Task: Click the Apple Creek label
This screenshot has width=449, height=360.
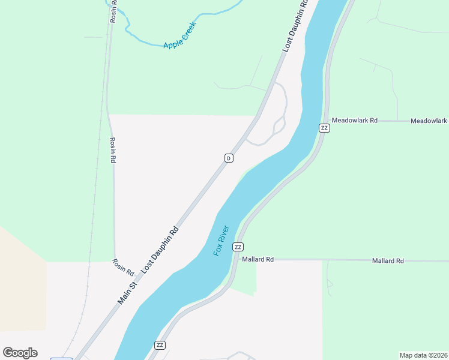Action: coord(180,37)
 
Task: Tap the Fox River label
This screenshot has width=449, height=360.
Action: coord(221,241)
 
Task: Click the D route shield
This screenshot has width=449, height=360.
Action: coord(229,158)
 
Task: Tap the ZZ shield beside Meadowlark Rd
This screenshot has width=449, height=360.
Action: coord(324,128)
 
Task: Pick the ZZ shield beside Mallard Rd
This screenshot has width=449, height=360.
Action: coord(238,247)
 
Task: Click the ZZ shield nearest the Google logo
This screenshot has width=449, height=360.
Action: coord(160,345)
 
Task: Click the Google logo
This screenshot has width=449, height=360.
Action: coord(20,353)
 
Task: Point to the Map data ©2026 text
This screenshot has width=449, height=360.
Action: coord(423,355)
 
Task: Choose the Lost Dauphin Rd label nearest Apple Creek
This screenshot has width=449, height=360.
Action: coord(295,26)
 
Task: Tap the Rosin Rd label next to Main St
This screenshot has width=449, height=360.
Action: coord(123,267)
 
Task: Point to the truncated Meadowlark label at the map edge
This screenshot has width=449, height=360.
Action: coord(429,121)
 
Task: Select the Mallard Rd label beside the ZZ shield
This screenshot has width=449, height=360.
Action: coord(258,260)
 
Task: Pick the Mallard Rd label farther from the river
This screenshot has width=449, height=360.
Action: coord(387,261)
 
